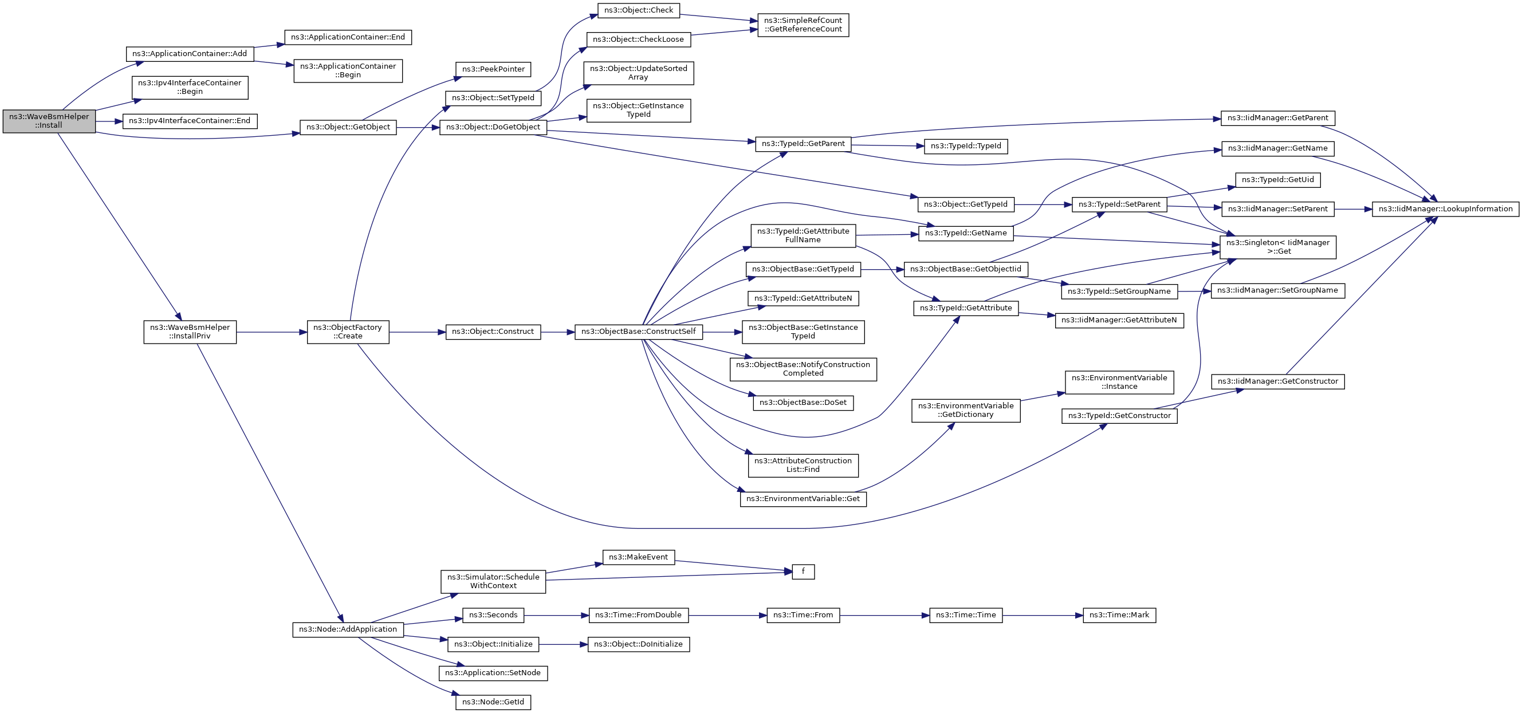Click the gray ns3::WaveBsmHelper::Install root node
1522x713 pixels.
(x=49, y=121)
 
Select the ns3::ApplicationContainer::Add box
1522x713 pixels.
(x=190, y=54)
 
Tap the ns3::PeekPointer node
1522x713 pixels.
(x=493, y=69)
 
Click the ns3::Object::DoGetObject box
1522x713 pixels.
(x=493, y=127)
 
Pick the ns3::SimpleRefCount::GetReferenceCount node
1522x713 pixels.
(x=803, y=25)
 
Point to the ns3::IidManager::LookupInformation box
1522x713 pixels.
(x=1445, y=209)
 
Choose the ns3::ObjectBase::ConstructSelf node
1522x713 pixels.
(x=638, y=332)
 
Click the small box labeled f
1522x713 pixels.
(x=803, y=572)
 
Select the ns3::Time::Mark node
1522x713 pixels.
(x=1119, y=616)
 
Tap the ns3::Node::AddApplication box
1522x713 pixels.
(x=348, y=630)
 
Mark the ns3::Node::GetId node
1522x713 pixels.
(x=493, y=702)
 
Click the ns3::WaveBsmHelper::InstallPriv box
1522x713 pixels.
(x=190, y=332)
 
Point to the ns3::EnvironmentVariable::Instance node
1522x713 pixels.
(x=1119, y=382)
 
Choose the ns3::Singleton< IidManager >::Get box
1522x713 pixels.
(x=1277, y=247)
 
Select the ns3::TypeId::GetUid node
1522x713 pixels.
(x=1277, y=180)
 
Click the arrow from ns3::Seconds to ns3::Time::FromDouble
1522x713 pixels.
(x=556, y=616)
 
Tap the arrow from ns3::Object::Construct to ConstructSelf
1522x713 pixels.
(x=557, y=333)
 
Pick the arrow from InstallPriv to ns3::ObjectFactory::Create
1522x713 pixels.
(x=271, y=333)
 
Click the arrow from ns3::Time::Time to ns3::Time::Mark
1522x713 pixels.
(x=1042, y=616)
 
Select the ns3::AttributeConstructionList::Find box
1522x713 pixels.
(x=803, y=466)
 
